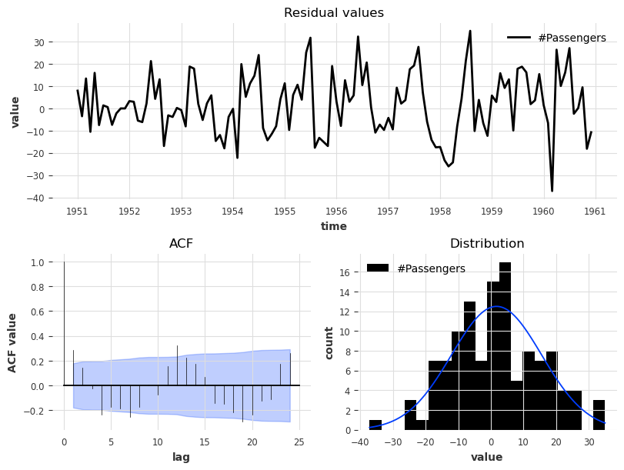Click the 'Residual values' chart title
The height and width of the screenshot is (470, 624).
coord(334,13)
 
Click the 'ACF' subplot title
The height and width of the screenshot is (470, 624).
coord(181,244)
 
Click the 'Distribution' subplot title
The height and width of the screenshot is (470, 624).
coord(487,244)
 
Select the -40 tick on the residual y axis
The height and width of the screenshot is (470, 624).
coord(60,198)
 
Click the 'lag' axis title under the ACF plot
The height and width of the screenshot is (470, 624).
coord(181,457)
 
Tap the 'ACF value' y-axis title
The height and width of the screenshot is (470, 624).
coord(13,342)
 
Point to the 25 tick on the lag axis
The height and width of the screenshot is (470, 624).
coord(299,442)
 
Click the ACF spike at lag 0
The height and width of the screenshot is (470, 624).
coord(64,323)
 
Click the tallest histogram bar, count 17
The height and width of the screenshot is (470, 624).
coord(505,346)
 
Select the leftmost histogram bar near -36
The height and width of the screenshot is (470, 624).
coord(375,425)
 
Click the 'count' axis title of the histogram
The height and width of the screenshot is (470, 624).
coord(329,342)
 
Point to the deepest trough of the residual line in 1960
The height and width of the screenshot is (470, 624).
coord(552,191)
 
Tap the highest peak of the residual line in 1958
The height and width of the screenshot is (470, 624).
coord(470,31)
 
